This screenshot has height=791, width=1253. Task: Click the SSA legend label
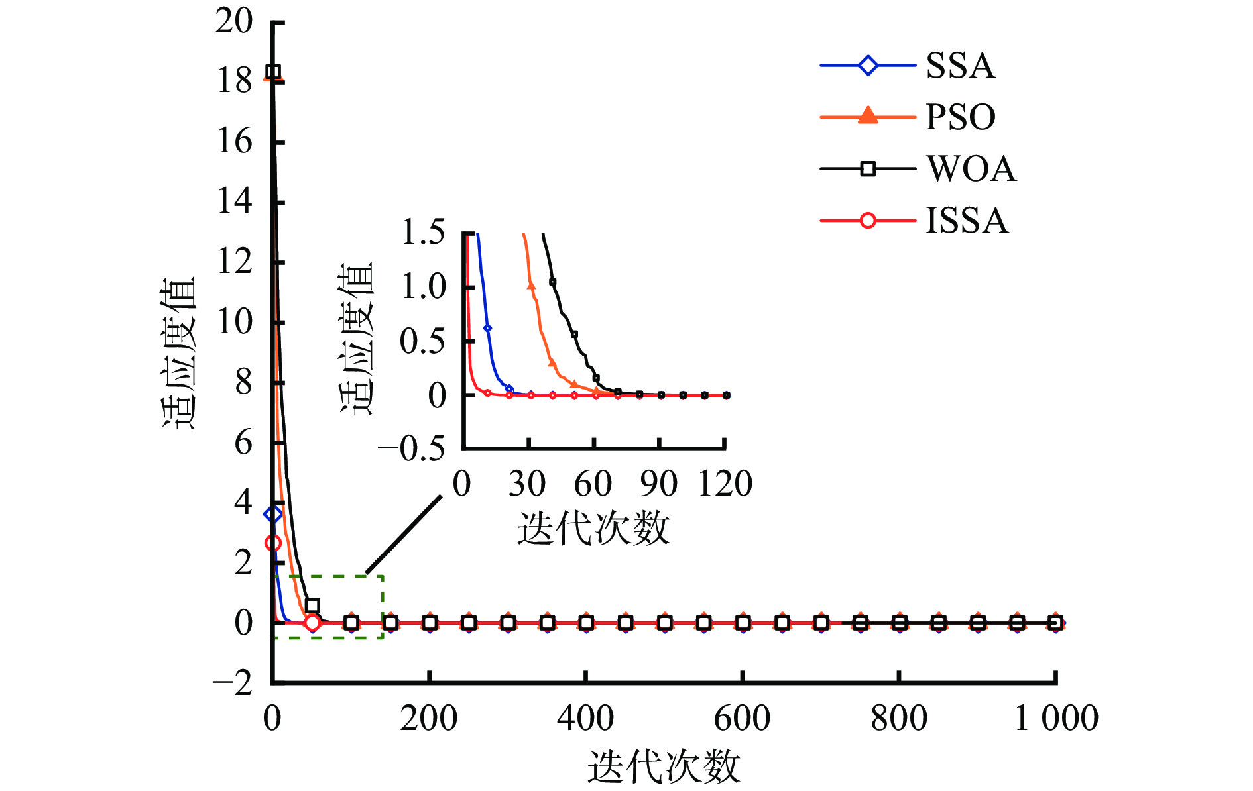tap(960, 66)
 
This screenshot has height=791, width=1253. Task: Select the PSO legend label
tap(960, 117)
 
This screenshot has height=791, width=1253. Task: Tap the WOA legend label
tap(971, 169)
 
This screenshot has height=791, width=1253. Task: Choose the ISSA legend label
tap(967, 221)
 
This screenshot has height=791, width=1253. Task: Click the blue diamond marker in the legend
tap(867, 66)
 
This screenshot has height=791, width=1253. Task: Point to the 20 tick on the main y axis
tap(233, 21)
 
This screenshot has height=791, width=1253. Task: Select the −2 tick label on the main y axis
tap(232, 682)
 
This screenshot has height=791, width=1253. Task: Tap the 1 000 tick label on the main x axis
tap(1056, 718)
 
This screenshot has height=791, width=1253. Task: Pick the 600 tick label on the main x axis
tap(742, 718)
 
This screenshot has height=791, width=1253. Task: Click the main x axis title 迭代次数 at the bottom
tap(663, 767)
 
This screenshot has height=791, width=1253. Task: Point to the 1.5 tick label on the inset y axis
tap(423, 233)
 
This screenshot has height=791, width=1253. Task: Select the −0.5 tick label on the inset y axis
tap(411, 449)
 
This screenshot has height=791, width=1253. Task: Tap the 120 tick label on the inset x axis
tap(725, 484)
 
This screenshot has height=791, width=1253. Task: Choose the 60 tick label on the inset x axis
tap(593, 484)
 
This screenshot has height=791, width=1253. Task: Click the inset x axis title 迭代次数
tap(593, 529)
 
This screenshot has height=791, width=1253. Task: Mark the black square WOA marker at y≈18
tap(272, 72)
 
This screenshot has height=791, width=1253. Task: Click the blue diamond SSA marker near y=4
tap(272, 514)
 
